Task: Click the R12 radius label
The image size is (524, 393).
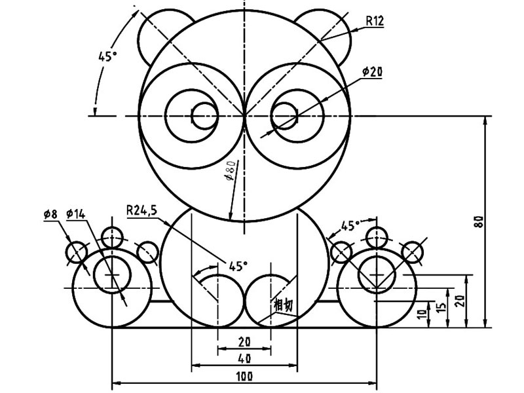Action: (x=375, y=21)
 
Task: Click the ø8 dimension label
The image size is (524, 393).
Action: (x=50, y=214)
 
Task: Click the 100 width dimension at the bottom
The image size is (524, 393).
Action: (x=244, y=375)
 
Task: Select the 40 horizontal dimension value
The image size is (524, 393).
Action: (x=244, y=358)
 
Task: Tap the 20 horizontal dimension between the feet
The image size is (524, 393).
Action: (x=244, y=341)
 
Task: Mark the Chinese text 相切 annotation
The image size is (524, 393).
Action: (x=282, y=305)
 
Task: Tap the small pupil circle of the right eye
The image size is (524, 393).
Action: (x=285, y=117)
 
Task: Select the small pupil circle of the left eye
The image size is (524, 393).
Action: (x=203, y=117)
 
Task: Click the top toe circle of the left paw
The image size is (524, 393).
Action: (x=113, y=236)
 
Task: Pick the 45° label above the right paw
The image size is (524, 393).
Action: (x=350, y=226)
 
